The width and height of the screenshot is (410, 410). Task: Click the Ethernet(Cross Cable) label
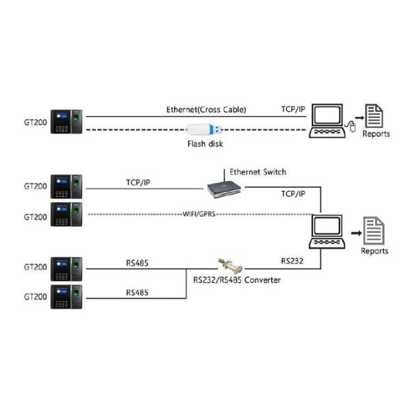pos(206,109)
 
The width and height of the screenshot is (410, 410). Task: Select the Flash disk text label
pos(205,143)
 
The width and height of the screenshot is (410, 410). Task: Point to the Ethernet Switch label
pos(258,172)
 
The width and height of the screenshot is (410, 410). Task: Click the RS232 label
pos(292,260)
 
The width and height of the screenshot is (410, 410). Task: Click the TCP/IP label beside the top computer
pos(293,109)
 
